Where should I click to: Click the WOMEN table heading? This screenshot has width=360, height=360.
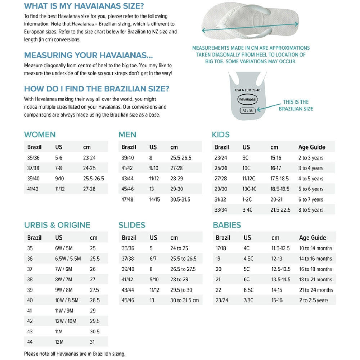coord(40,135)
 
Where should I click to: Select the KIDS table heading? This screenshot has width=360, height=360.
coord(221,135)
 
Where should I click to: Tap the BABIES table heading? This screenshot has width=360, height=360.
coord(227,225)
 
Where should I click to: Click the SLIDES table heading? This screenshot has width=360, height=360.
coord(132,225)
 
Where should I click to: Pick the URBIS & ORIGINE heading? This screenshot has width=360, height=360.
coord(57,225)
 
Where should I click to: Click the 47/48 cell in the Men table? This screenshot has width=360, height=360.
coord(127,199)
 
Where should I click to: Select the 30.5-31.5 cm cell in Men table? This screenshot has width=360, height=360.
coord(180,199)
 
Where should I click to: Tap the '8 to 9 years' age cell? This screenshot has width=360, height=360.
coord(311,210)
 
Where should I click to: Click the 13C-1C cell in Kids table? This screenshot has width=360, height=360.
coord(250,189)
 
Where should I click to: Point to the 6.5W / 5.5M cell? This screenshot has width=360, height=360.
coord(68,258)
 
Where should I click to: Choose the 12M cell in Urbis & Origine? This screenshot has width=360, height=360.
coord(60,342)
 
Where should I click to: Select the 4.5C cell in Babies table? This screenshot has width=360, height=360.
coord(249,258)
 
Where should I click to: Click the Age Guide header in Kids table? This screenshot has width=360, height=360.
coord(312,147)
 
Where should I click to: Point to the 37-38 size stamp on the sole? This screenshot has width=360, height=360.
coord(247,111)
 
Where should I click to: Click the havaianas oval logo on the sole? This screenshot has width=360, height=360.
coord(247,99)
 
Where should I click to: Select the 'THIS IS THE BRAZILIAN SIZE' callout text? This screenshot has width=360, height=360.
coord(296,105)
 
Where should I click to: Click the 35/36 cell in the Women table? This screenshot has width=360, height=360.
coord(33,158)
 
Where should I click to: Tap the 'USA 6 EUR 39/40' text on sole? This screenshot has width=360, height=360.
coord(248,90)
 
